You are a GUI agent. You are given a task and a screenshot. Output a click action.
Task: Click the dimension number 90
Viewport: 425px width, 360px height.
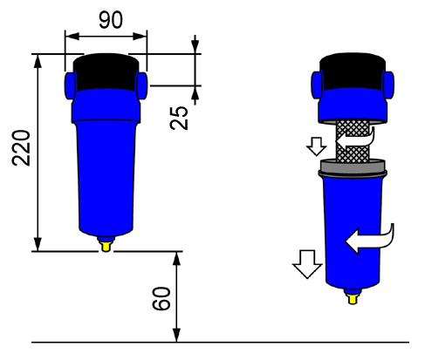pyautogui.click(x=111, y=20)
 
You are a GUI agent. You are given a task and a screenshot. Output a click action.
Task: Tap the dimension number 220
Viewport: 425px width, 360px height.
pyautogui.click(x=21, y=148)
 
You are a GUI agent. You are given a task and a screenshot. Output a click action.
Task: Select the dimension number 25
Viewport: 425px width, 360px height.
pyautogui.click(x=179, y=118)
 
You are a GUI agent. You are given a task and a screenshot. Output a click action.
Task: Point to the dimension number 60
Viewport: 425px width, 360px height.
pyautogui.click(x=161, y=298)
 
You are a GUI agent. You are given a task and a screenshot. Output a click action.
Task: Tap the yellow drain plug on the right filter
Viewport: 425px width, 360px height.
pyautogui.click(x=353, y=297)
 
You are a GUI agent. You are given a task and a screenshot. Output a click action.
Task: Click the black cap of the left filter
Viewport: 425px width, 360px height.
pyautogui.click(x=106, y=72)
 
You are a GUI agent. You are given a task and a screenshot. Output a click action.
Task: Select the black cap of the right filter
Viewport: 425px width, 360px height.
pyautogui.click(x=353, y=71)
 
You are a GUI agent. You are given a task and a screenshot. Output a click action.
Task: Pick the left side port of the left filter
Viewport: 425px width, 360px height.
pyautogui.click(x=70, y=85)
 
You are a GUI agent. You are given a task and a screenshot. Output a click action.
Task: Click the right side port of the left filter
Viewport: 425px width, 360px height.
pyautogui.click(x=141, y=85)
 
